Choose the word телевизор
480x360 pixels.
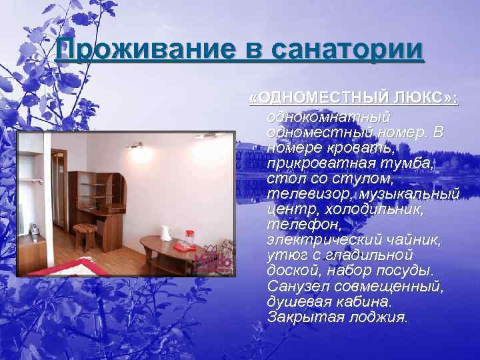[309, 193]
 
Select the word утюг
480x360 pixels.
[283, 254]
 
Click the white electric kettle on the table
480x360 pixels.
[165, 233]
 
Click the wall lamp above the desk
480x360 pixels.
[136, 145]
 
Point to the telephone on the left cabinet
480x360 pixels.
[33, 230]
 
